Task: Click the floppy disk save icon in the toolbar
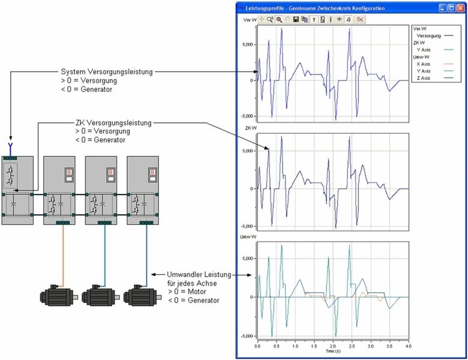296,20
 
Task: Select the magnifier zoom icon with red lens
279,20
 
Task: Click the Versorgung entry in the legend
427,35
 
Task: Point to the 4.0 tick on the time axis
407,346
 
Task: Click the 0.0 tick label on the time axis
257,346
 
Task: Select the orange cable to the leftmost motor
62,255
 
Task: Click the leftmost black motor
56,296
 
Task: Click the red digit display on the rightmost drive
151,172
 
